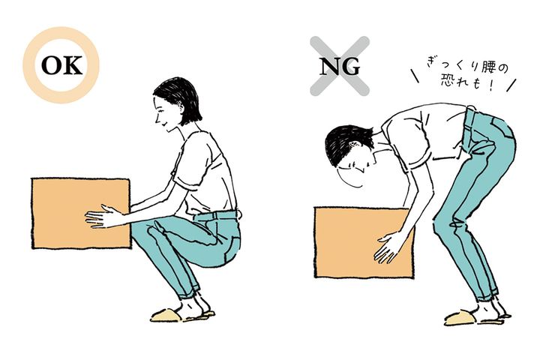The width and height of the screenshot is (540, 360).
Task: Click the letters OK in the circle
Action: (x=62, y=65)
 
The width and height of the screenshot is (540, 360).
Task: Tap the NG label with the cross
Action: (x=340, y=66)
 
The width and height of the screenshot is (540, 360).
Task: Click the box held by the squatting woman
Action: (x=81, y=213)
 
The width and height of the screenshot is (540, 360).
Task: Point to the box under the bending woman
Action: (x=364, y=242)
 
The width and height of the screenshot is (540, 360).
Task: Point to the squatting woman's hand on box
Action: (x=103, y=216)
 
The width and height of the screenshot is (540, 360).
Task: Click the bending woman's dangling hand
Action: (x=388, y=248)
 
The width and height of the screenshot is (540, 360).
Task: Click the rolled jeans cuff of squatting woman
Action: (x=190, y=291)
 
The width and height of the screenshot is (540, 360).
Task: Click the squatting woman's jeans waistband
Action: (x=215, y=216)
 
